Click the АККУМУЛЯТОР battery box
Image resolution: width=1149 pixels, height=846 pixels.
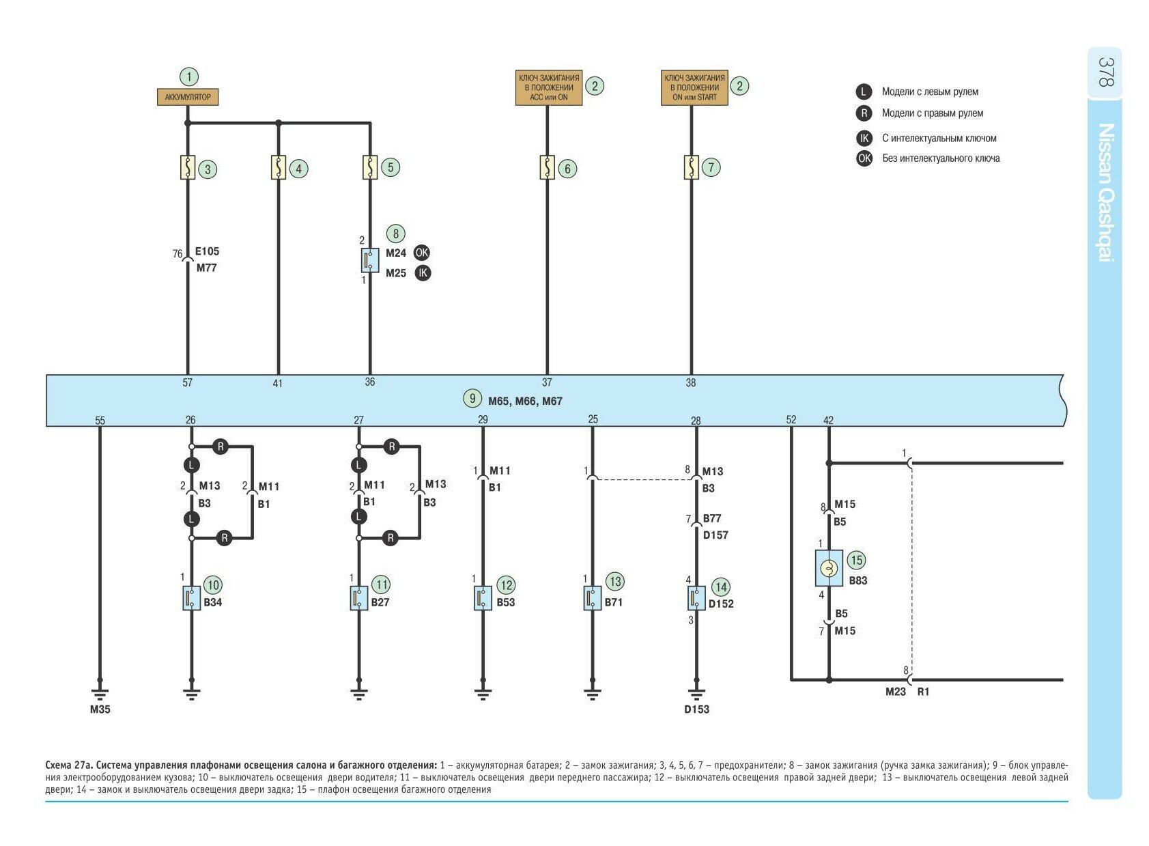click(188, 97)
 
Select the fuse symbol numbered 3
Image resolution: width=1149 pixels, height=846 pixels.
click(188, 168)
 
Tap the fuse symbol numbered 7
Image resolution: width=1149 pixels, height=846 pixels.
click(691, 167)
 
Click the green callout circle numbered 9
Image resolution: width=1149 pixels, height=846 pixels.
click(472, 398)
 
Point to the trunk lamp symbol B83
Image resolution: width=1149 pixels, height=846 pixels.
click(829, 568)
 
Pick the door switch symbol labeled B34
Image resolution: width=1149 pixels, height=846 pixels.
click(191, 598)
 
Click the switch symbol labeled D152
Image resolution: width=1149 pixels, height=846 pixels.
click(696, 598)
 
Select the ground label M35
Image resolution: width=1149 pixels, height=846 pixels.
click(100, 709)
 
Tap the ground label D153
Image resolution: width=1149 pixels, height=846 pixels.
click(696, 709)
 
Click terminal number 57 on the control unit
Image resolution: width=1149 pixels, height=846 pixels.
click(188, 383)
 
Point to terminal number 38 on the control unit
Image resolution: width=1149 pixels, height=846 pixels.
click(691, 383)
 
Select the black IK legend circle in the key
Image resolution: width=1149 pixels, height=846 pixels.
click(864, 138)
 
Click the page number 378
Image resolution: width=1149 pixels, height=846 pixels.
click(1105, 72)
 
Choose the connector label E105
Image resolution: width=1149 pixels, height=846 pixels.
click(207, 251)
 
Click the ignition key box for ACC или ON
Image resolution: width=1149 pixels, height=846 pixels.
click(548, 87)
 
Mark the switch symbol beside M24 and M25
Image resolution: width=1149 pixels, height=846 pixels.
click(369, 259)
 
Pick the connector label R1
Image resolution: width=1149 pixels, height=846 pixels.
click(923, 692)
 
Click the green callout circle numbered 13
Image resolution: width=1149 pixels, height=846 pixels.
click(615, 581)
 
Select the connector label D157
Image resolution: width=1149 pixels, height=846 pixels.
click(715, 535)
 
